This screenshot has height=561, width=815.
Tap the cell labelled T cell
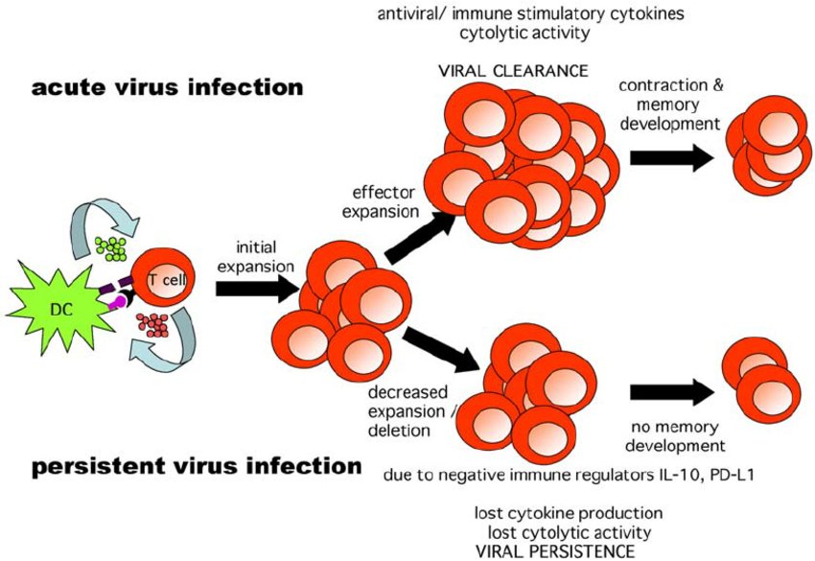[163, 277]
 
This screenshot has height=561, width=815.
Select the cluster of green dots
[110, 248]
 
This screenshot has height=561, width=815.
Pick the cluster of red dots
[152, 325]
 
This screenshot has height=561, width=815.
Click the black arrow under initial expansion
[257, 288]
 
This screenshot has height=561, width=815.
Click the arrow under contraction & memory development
[671, 157]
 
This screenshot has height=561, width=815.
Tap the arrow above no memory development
[672, 392]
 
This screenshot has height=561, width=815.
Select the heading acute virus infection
[168, 87]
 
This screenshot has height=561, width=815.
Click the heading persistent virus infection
[197, 466]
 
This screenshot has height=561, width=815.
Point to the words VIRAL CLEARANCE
[514, 71]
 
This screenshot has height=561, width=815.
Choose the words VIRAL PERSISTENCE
[555, 551]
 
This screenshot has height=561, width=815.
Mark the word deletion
[399, 431]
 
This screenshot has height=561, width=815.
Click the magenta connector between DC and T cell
[118, 303]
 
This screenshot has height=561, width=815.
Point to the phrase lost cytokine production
[569, 514]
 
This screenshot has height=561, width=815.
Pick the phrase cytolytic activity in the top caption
[525, 34]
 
